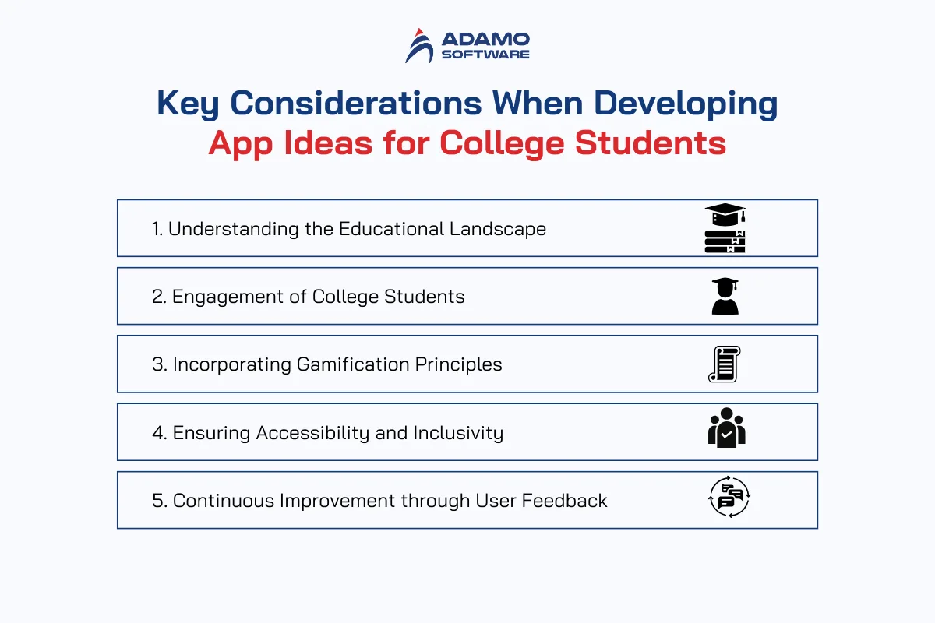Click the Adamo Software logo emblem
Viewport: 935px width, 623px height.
[x=419, y=46]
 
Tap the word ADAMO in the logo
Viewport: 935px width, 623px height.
[x=485, y=40]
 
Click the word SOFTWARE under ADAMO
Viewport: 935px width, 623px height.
[x=485, y=55]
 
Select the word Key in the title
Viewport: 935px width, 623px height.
[x=188, y=104]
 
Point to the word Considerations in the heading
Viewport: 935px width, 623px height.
[x=356, y=103]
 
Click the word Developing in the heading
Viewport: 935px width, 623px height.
[x=686, y=104]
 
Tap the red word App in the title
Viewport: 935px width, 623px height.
[x=241, y=144]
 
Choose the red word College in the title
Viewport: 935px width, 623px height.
[x=501, y=144]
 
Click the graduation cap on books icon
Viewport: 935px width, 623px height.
[x=725, y=228]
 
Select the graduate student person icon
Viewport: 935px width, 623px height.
[x=725, y=296]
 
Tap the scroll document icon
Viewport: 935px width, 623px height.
[x=725, y=364]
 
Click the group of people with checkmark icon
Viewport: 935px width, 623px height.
[x=727, y=428]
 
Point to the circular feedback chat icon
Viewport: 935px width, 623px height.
[x=729, y=497]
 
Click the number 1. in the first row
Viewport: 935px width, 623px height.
[x=157, y=229]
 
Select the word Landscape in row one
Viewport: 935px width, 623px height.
[x=498, y=229]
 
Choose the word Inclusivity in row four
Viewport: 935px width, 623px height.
[x=458, y=433]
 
